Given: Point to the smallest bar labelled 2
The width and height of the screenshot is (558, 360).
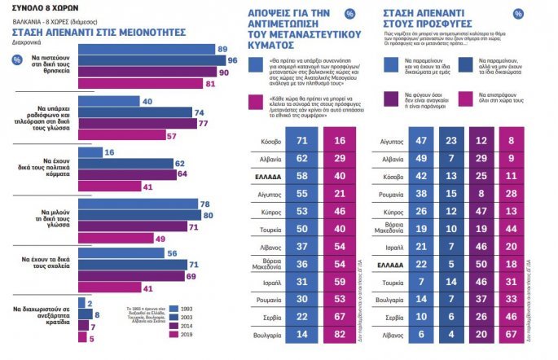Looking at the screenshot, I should tap(84, 301).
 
